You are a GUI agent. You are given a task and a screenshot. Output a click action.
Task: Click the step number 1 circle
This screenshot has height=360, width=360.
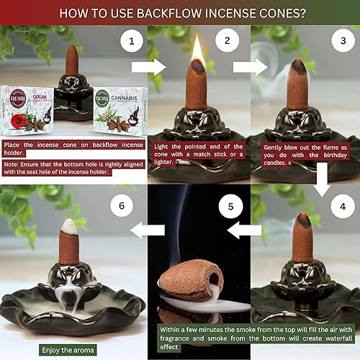(x=131, y=42)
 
